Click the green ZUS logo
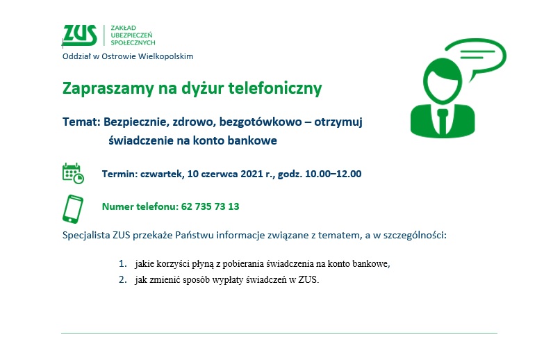point(80,35)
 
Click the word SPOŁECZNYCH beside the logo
point(133,42)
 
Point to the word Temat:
point(81,122)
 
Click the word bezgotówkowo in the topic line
point(261,122)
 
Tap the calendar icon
point(73,173)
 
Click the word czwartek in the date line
point(162,174)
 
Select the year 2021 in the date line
point(252,174)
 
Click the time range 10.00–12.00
point(333,174)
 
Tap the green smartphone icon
point(73,209)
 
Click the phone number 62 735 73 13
point(211,206)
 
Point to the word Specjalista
point(86,236)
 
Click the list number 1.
point(122,264)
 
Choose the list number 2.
point(122,280)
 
